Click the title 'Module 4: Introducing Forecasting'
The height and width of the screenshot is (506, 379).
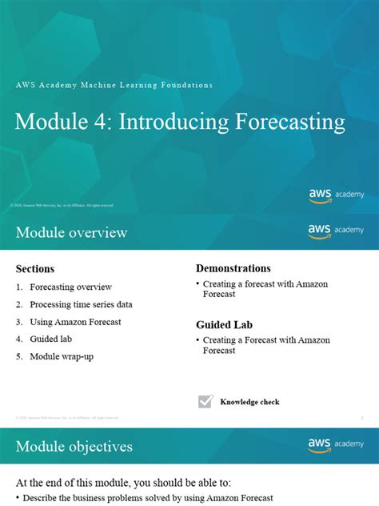point(180,122)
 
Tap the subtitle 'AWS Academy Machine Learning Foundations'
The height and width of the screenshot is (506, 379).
point(114,85)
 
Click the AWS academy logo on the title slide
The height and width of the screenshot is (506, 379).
point(336,195)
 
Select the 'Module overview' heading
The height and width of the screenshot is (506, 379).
point(71,232)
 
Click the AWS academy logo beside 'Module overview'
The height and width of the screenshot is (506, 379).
point(336,231)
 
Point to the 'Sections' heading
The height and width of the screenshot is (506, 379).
point(35,269)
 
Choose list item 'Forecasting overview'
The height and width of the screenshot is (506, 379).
point(70,287)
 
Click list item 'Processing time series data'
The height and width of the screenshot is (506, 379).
point(81,304)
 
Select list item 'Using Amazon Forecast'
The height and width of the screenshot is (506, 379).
point(75,322)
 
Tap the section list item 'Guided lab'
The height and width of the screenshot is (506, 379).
point(50,339)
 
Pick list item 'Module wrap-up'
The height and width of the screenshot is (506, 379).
point(62,356)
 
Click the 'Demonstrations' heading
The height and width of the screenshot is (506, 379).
point(233,268)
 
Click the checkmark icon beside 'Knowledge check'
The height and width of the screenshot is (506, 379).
point(205,401)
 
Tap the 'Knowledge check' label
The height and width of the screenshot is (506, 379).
point(249,402)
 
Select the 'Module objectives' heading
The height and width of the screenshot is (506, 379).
point(74,446)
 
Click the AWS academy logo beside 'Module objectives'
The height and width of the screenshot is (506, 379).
point(336,444)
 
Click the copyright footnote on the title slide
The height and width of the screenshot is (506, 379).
point(62,206)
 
